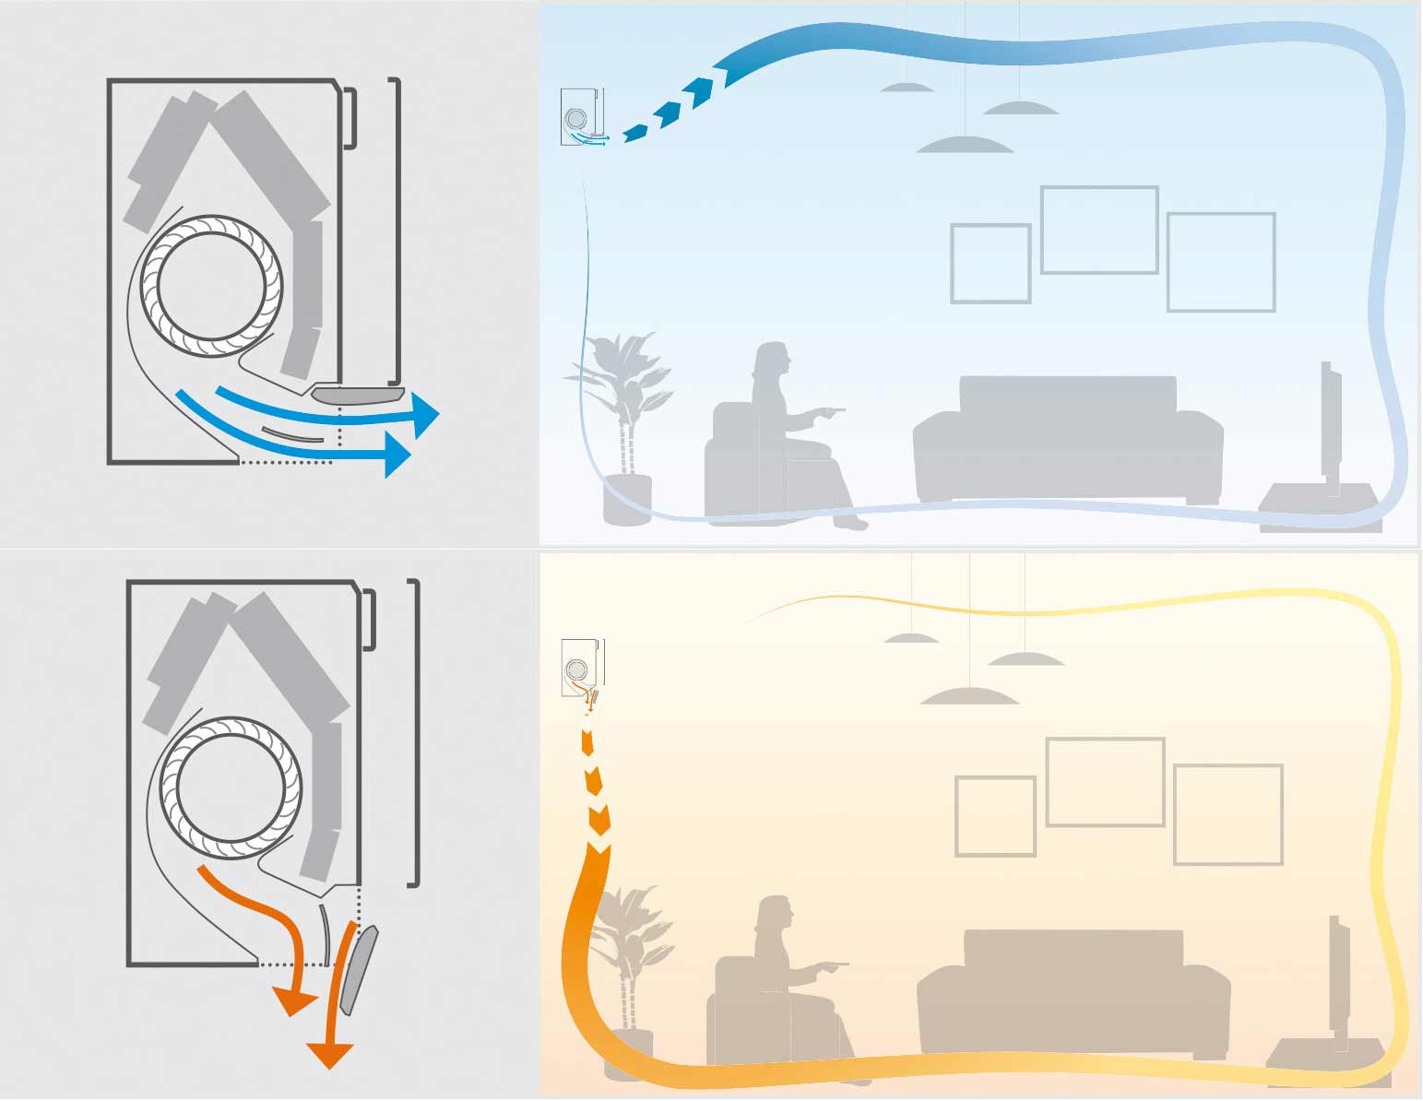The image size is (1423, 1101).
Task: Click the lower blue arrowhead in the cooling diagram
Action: click(x=397, y=454)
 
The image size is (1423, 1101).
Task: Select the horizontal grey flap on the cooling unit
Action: click(x=359, y=396)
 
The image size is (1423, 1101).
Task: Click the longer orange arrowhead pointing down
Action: click(x=328, y=1053)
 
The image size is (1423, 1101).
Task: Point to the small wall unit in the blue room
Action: click(x=582, y=116)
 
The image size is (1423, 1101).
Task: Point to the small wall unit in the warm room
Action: click(x=582, y=667)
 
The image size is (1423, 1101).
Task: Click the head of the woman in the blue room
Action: click(x=772, y=361)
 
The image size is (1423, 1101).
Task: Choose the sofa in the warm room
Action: click(x=1073, y=991)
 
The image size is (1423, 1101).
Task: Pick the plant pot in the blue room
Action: click(x=627, y=499)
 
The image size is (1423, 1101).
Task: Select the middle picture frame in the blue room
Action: click(x=1098, y=230)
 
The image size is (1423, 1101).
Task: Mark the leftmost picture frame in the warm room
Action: click(x=995, y=815)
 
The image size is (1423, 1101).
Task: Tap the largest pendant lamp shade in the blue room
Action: click(x=965, y=145)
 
